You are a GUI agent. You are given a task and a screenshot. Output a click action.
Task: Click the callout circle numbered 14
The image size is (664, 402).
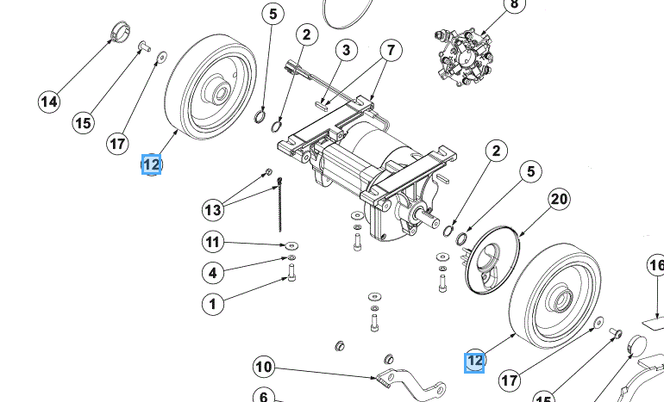coord(49,102)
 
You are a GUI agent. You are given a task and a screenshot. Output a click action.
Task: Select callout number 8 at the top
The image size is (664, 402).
coord(515,5)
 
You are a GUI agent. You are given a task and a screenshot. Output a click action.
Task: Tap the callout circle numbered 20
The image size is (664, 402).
coord(559,201)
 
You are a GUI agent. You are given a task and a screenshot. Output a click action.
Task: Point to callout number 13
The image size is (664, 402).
coord(213,209)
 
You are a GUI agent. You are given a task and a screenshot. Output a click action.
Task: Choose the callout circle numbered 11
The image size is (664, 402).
coord(213,240)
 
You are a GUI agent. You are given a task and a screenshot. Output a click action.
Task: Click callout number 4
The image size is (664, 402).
coord(213,273)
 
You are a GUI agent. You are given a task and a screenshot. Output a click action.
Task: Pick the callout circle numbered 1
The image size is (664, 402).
coord(213,303)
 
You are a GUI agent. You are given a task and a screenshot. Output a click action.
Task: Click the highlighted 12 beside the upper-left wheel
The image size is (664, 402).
coord(152,164)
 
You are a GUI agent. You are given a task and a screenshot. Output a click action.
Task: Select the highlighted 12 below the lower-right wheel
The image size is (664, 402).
coord(474,362)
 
